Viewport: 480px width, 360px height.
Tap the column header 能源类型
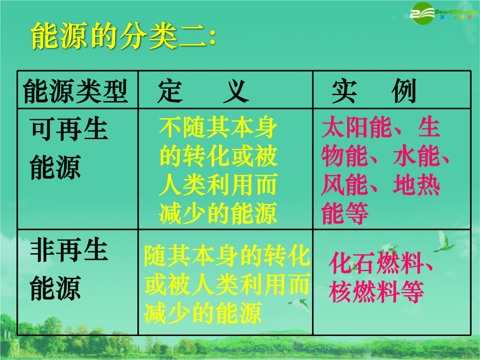[75, 91]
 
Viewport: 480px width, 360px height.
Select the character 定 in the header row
[170, 91]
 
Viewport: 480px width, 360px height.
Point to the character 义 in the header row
[236, 91]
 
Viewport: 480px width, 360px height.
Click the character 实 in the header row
[344, 91]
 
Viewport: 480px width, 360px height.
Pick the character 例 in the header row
[404, 91]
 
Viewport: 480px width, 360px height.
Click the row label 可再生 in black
[69, 129]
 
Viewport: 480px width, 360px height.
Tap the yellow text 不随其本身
[218, 128]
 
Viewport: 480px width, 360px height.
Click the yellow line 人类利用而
[218, 184]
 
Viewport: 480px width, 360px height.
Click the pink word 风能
[345, 184]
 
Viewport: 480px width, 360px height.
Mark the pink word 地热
[416, 184]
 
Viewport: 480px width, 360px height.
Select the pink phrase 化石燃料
[376, 263]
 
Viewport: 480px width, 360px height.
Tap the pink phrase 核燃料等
[376, 292]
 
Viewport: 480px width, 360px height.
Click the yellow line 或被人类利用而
[227, 285]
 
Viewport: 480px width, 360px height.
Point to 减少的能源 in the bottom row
[203, 313]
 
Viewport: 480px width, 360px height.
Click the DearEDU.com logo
[444, 13]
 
